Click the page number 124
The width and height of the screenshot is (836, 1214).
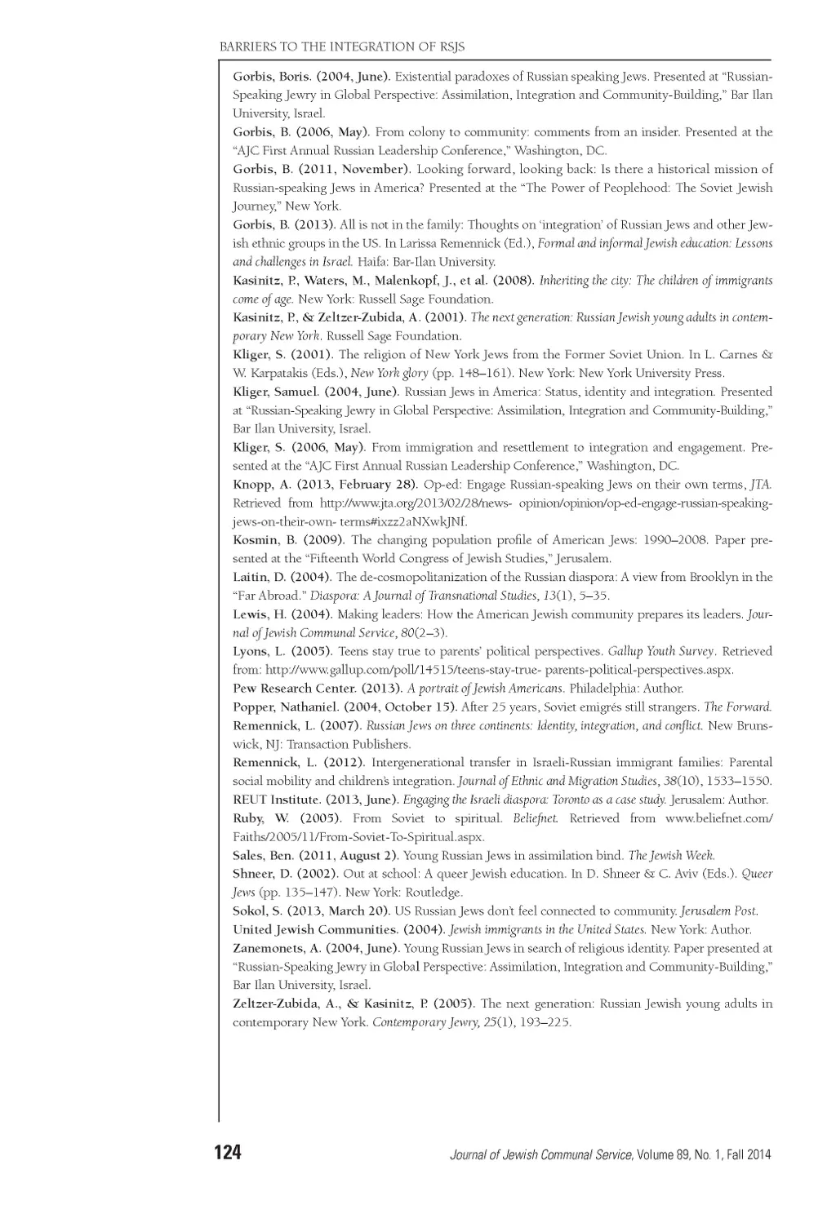tap(228, 1152)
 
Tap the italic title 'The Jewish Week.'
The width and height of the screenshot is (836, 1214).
tap(671, 855)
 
